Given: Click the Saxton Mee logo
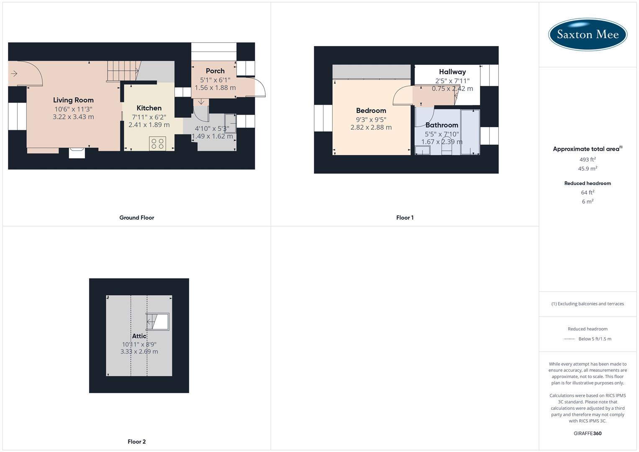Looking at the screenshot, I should (588, 34).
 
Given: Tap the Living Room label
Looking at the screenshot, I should (73, 100).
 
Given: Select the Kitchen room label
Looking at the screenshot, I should (149, 108).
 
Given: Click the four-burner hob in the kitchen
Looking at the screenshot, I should (157, 144).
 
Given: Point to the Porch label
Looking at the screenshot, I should (215, 71).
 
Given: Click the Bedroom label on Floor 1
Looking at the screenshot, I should (371, 110).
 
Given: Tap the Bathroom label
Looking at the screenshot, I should (441, 125).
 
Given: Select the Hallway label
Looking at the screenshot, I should (452, 72).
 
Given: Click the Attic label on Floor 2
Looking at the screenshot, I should (139, 336).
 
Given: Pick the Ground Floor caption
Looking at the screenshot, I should (136, 218).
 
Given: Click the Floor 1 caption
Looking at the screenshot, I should (405, 218).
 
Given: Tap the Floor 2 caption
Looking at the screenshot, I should (136, 442).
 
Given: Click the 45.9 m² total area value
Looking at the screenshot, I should (588, 169).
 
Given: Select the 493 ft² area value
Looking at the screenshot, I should (588, 159).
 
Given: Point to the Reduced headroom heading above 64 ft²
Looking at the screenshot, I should (588, 183).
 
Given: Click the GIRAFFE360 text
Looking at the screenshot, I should (588, 434).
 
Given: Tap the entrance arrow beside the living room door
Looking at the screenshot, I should (14, 74).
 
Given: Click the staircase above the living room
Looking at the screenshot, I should (123, 71).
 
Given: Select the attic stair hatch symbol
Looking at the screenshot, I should (157, 321).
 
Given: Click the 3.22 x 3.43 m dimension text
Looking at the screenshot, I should (73, 117).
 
